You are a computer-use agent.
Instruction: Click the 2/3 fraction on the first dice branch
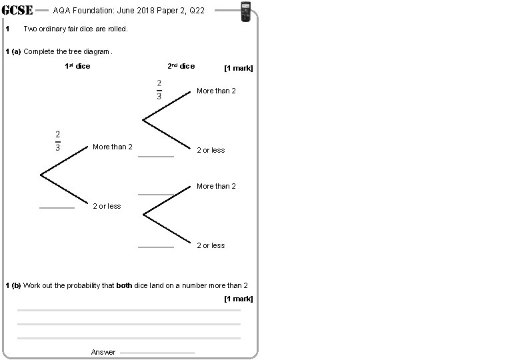[58, 141]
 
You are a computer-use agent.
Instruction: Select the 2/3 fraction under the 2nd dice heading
[159, 89]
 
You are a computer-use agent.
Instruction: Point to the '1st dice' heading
[77, 66]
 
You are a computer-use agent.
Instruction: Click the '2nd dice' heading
[181, 66]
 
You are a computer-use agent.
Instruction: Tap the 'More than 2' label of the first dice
[113, 147]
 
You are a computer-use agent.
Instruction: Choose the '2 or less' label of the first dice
[107, 206]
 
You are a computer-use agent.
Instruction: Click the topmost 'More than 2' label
[216, 91]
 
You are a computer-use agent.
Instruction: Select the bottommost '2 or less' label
[211, 245]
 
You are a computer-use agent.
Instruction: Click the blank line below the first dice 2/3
[57, 208]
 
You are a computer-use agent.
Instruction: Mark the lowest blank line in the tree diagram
[155, 247]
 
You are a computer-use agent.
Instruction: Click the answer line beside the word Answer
[157, 353]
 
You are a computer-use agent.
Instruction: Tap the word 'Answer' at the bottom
[103, 352]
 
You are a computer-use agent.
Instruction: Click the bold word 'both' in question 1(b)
[124, 285]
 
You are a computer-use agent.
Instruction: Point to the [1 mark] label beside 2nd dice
[239, 68]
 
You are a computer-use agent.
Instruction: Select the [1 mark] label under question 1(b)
[239, 299]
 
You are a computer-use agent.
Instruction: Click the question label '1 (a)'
[13, 51]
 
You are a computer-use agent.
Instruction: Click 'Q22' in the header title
[196, 11]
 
